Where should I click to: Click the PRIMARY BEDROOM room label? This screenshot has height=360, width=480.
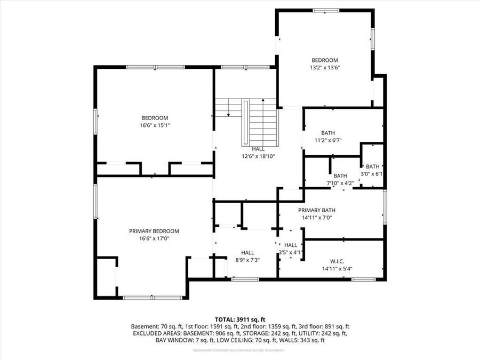coord(154,231)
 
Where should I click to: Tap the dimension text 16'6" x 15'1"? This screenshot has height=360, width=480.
coord(155,125)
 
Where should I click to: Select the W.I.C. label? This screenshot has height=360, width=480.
coord(337,261)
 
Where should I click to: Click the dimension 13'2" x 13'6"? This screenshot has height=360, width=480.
coord(325,68)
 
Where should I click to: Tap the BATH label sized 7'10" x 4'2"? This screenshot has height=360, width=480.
coord(340,175)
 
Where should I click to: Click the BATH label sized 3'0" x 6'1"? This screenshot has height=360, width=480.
coord(373,166)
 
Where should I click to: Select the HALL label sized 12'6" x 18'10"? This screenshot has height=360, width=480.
coord(258,149)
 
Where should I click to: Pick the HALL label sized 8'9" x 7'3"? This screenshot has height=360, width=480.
coord(247,252)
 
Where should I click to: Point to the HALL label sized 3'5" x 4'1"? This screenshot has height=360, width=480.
coord(291,245)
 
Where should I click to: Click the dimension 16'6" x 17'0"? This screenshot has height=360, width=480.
coord(154,238)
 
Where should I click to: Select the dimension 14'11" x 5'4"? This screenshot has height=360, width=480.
coord(337,268)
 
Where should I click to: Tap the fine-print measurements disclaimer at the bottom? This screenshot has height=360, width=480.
coord(238,350)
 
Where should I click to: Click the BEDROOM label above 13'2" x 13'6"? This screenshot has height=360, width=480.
coord(325,60)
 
